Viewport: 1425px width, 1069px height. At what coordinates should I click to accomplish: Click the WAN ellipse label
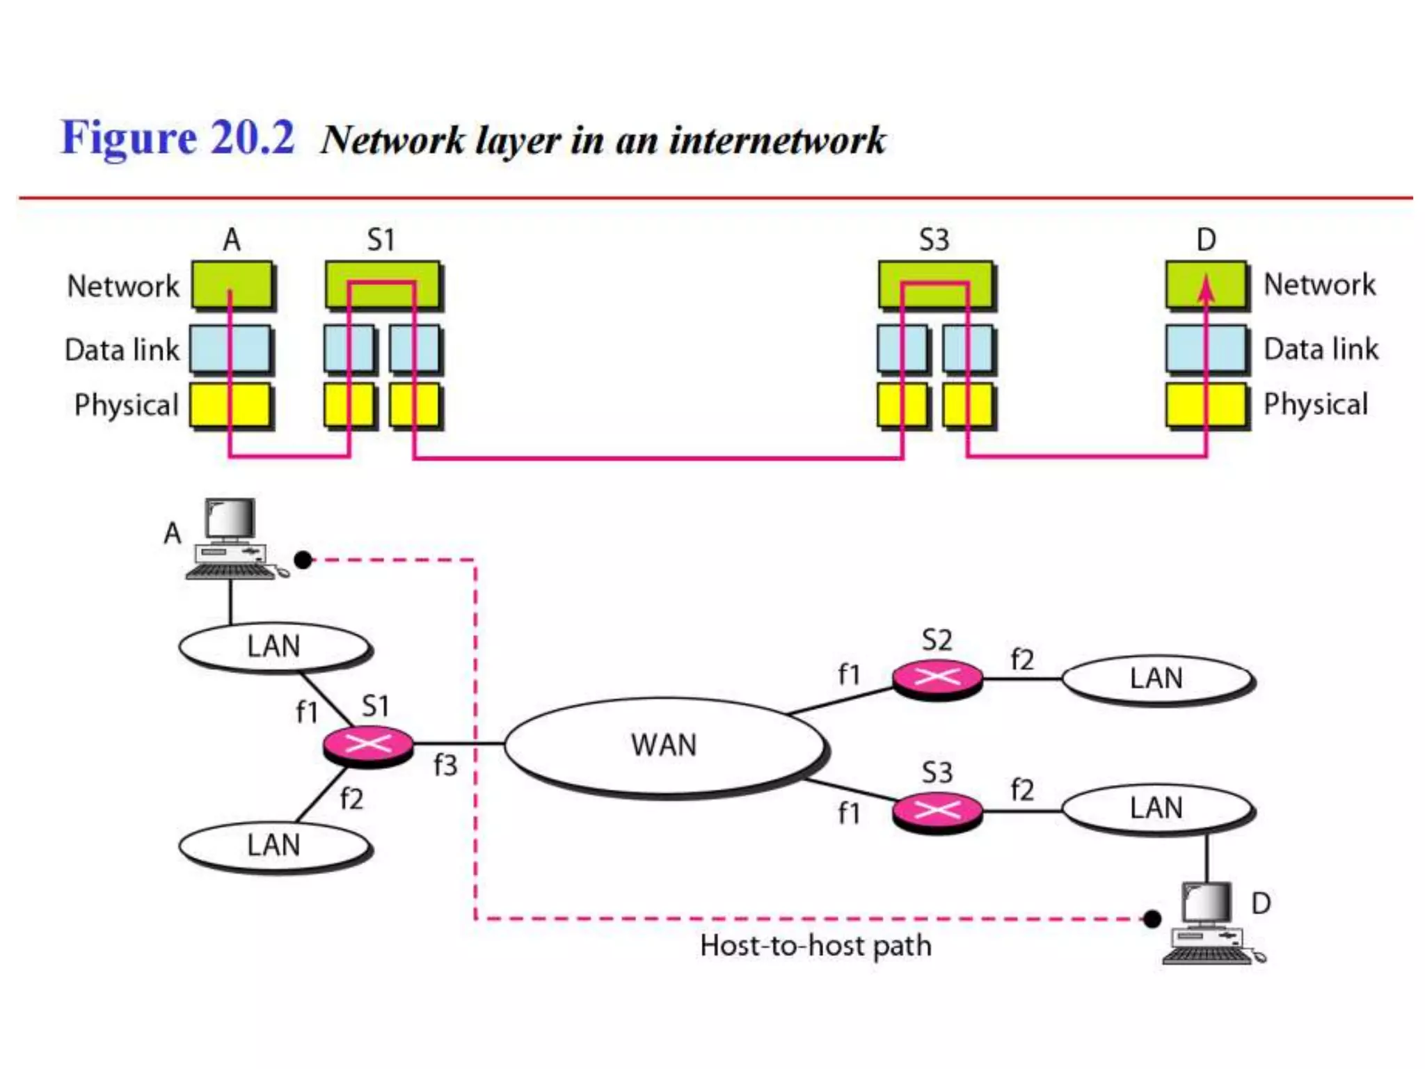tap(663, 745)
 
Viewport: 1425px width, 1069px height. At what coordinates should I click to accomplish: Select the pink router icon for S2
tap(937, 678)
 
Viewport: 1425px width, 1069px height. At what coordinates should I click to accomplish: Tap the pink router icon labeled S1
tap(368, 745)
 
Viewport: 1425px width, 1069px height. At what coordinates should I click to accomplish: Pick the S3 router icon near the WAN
tap(937, 811)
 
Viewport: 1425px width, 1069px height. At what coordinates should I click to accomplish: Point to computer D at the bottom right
tap(1209, 922)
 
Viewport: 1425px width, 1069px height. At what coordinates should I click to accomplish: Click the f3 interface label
tap(445, 766)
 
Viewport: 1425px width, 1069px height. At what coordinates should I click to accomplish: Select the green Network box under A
tap(232, 285)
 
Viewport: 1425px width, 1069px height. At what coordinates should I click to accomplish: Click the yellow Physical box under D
tap(1206, 404)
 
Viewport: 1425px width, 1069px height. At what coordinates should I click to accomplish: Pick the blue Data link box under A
tap(230, 349)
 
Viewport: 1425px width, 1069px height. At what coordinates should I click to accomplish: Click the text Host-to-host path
tap(815, 946)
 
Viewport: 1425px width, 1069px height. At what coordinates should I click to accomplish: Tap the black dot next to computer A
tap(303, 560)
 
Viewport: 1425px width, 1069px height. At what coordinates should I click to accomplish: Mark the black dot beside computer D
tap(1152, 919)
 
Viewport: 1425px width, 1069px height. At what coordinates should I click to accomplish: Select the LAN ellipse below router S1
tap(274, 846)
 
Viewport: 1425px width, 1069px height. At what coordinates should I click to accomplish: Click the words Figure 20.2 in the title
tap(178, 137)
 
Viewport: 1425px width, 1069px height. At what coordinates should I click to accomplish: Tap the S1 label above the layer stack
tap(381, 240)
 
